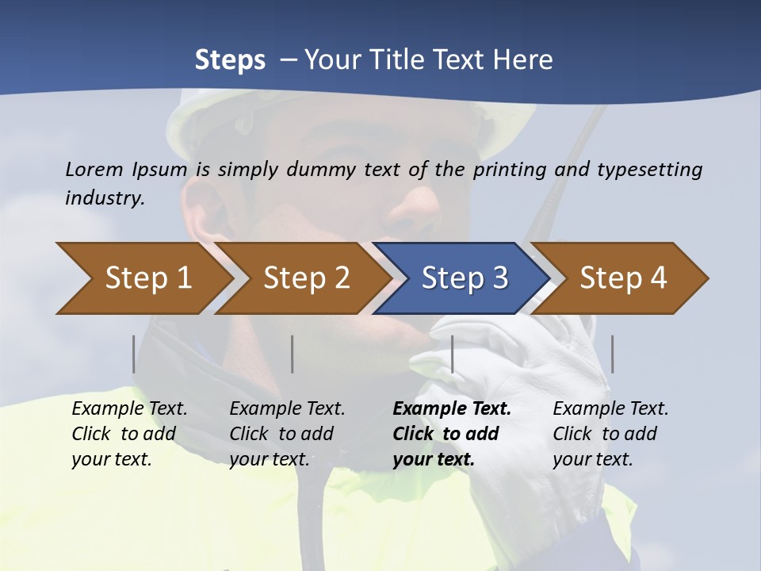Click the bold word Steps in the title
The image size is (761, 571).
[230, 60]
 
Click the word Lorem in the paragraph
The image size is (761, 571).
[94, 169]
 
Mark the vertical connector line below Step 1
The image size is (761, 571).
[134, 354]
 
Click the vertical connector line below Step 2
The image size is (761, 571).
[293, 354]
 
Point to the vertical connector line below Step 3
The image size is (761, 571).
[452, 354]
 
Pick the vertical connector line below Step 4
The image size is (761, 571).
[612, 354]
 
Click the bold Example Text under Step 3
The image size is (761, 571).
[452, 409]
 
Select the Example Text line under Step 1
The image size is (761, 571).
[129, 409]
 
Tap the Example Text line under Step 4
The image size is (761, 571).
[610, 409]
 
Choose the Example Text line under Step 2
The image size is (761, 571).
[287, 409]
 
